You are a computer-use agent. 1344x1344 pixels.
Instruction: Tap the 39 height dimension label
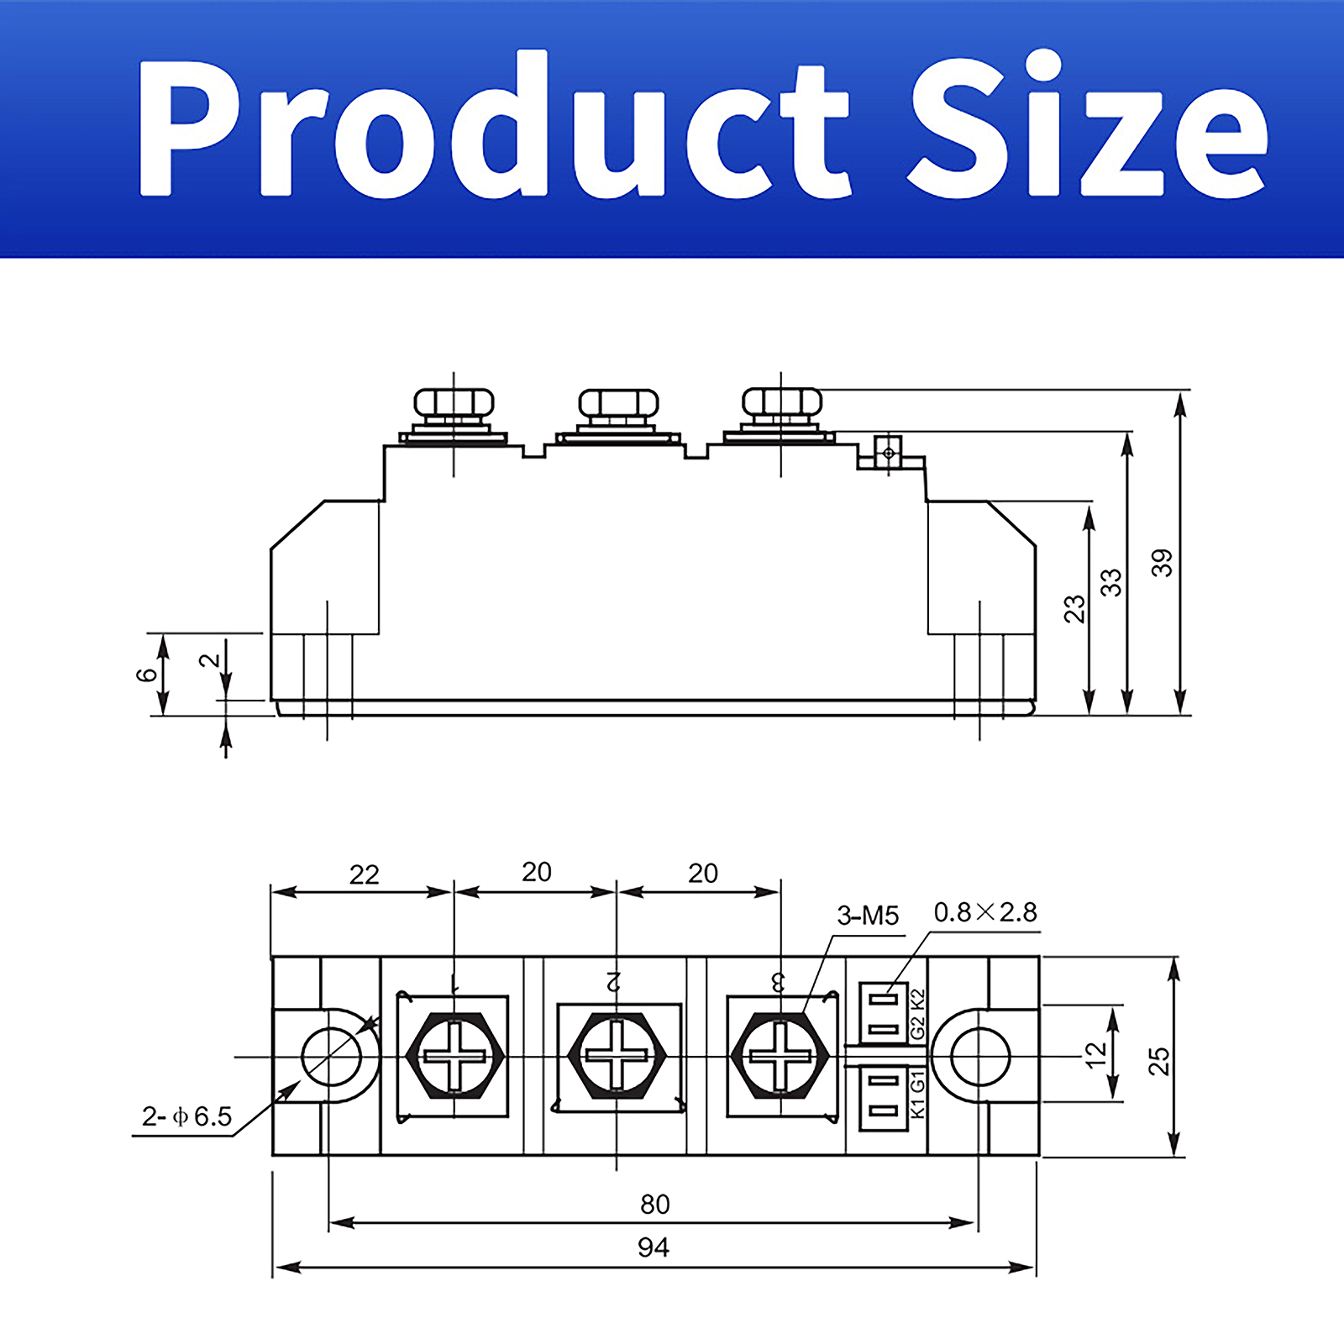coord(1162,563)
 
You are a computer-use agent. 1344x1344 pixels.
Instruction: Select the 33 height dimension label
coord(1111,582)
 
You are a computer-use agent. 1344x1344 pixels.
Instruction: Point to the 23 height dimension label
coord(1074,609)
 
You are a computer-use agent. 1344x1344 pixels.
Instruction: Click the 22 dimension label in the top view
coord(364,875)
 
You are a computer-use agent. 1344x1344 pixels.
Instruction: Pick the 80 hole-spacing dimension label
coord(654,1205)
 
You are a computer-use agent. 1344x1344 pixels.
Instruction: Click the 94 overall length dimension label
coord(653,1247)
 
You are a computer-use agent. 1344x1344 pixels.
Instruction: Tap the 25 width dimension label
coord(1159,1061)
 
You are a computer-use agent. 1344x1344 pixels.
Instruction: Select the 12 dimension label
coord(1095,1055)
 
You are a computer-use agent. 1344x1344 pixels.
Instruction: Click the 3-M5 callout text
coord(868,916)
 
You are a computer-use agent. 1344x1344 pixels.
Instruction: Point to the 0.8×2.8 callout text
coord(985,912)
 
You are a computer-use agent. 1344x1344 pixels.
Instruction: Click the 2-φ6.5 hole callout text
coord(186,1116)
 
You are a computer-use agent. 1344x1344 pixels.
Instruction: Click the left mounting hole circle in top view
coord(331,1056)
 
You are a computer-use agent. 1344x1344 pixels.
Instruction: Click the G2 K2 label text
coord(917,1014)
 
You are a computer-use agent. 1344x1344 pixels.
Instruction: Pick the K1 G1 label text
coord(917,1094)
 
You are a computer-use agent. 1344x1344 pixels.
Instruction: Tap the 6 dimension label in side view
coord(146,674)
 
